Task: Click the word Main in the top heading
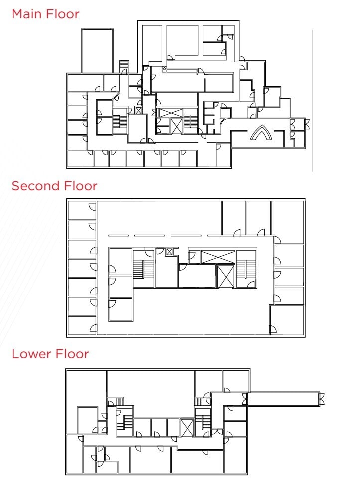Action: point(26,14)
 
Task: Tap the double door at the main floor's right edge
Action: point(307,124)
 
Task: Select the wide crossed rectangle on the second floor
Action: point(218,257)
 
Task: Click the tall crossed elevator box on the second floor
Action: point(225,276)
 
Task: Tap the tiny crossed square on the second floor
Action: point(170,252)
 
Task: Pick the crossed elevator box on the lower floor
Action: point(187,428)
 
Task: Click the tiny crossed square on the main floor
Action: point(138,111)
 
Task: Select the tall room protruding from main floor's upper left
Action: point(97,51)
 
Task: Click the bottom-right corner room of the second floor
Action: point(287,320)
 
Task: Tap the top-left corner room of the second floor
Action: point(81,210)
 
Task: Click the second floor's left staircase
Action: point(144,269)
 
